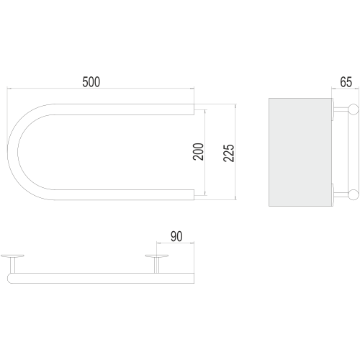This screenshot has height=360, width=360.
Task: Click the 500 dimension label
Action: (x=91, y=82)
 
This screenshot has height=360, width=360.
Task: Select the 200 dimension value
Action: (x=198, y=152)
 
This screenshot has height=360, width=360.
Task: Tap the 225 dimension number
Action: (x=228, y=153)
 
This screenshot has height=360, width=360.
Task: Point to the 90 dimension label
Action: (x=176, y=236)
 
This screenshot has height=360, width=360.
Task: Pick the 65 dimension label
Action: (x=346, y=82)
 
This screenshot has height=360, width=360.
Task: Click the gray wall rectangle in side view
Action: (x=300, y=152)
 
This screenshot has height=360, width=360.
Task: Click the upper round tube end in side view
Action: (x=354, y=109)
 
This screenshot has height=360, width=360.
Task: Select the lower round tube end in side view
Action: (x=354, y=194)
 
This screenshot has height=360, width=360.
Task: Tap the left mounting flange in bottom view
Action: (x=12, y=256)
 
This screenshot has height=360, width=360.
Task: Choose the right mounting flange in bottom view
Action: (x=157, y=256)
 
